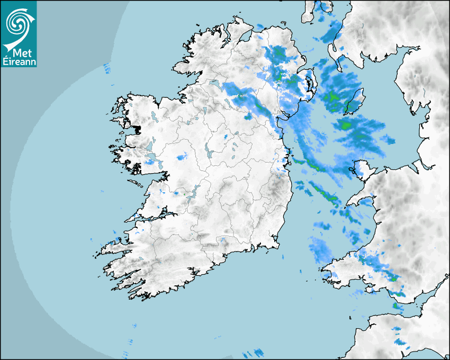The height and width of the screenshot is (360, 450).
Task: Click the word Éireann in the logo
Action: pyautogui.click(x=19, y=62)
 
